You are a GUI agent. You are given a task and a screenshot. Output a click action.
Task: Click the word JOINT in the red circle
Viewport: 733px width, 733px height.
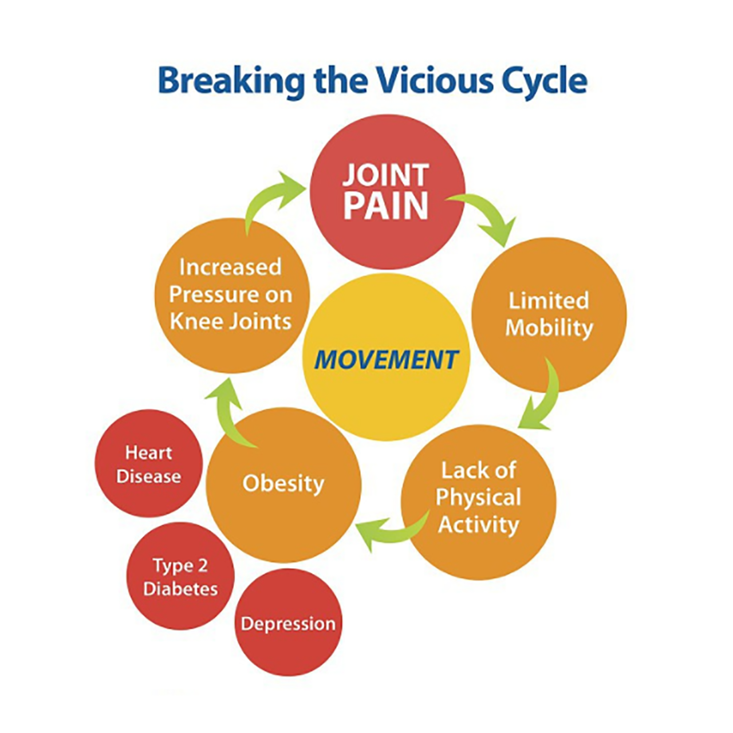(386, 175)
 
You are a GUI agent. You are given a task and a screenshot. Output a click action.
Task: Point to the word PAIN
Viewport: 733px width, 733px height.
(386, 206)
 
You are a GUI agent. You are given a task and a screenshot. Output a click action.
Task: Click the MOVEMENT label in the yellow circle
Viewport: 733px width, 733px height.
(386, 360)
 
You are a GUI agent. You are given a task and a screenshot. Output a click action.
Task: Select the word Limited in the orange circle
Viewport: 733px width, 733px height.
(549, 301)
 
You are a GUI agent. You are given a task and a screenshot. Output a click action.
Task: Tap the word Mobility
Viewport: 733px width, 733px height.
(549, 328)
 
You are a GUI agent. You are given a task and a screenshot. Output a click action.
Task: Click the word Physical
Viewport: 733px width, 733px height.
(478, 497)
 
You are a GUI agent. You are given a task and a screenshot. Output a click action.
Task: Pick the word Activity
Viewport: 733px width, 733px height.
(478, 525)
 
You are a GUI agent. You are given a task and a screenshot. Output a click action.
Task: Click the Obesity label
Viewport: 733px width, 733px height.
(283, 483)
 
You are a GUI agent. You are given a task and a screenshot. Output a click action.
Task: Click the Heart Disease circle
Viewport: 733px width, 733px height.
(148, 464)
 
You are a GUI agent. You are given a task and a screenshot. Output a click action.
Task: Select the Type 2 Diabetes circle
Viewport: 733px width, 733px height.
(180, 577)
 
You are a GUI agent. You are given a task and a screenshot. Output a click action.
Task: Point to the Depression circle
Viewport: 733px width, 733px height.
(288, 623)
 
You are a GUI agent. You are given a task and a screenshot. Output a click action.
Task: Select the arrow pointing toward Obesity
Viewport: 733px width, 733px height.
(389, 530)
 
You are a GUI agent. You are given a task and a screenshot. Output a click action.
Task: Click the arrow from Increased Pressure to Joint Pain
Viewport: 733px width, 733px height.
(269, 198)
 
